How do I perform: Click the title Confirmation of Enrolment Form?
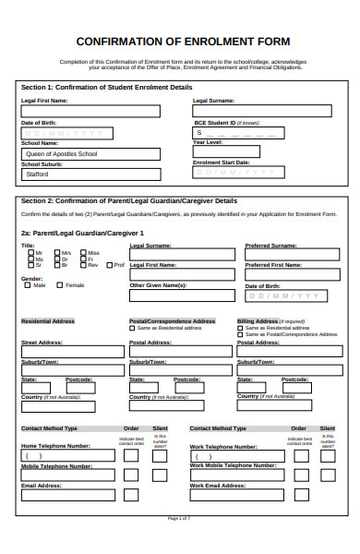[x=182, y=42]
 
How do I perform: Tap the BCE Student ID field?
[x=268, y=132]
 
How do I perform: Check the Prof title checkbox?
[x=110, y=265]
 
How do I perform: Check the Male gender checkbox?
[x=28, y=285]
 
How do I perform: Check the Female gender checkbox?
[x=61, y=285]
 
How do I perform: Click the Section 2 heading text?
[x=129, y=200]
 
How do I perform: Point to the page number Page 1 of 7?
[x=179, y=545]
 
